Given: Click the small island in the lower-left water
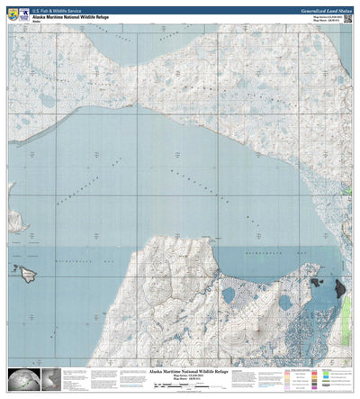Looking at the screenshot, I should coord(24,269).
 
